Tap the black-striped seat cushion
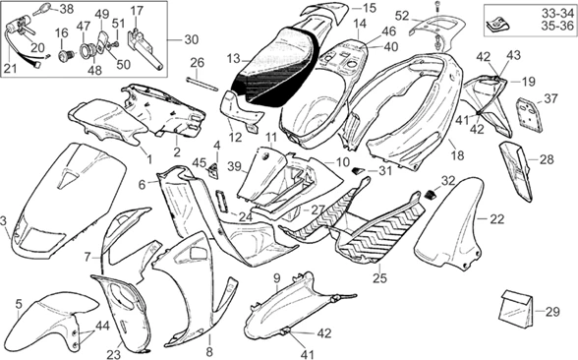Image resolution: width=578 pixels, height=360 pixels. tap(270, 69)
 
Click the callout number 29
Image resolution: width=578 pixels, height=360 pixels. tap(551, 313)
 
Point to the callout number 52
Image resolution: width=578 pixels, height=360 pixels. tap(402, 16)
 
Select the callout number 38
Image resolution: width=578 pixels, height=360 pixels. tap(66, 9)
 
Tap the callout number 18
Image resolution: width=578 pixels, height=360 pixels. tap(455, 155)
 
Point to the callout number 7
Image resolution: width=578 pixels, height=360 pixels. tap(87, 256)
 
